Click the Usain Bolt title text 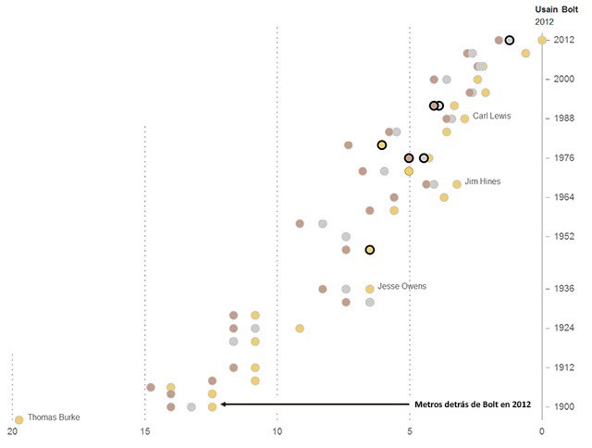tap(555, 8)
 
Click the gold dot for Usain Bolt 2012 tap(542, 40)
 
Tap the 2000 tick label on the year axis tap(563, 80)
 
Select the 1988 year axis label tap(563, 118)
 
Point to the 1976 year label tap(563, 158)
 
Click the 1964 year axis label tap(563, 197)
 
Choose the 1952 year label tap(563, 236)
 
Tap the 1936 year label tap(563, 289)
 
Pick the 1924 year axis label tap(563, 328)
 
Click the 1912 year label tap(563, 367)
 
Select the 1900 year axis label tap(563, 406)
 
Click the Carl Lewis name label tap(491, 116)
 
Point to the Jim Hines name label tap(482, 181)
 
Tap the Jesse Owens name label tap(401, 286)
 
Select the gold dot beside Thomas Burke tap(18, 419)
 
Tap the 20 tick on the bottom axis tap(13, 432)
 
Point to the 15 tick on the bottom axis tap(145, 432)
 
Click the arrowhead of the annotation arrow tap(223, 404)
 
